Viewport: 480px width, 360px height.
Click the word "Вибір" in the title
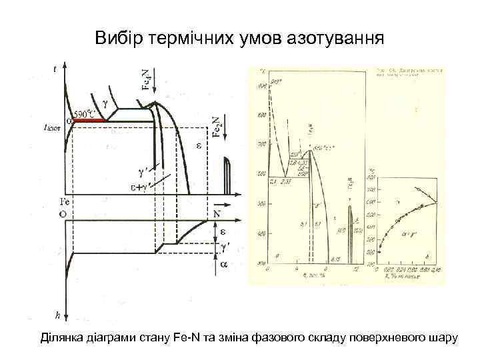(116, 37)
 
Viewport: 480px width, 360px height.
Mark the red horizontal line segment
(91, 120)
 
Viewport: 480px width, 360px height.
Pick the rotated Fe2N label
(217, 125)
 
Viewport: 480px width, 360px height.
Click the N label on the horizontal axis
(217, 213)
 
